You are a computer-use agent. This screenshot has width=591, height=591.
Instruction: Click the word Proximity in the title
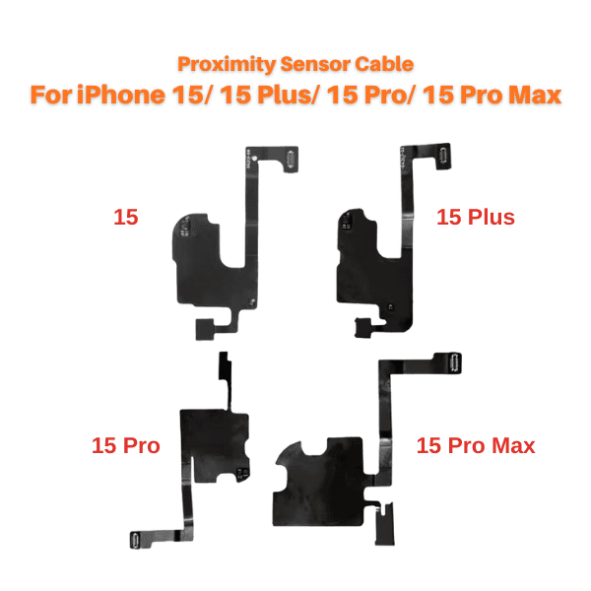(227, 64)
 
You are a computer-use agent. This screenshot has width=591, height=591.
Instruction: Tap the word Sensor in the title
(315, 64)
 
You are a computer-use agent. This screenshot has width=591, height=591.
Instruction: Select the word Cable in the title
(384, 64)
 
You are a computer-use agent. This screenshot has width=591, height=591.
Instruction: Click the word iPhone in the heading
(121, 95)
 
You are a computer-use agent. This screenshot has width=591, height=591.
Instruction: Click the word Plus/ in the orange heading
(288, 95)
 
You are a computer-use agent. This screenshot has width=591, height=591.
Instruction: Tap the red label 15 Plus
(476, 217)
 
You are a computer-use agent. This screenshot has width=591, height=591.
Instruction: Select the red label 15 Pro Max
(476, 445)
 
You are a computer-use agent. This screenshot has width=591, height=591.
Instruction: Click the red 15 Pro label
(126, 445)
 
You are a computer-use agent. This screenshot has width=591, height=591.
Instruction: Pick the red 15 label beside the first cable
(126, 217)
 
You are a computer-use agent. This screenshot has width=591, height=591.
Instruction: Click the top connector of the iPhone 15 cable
(291, 160)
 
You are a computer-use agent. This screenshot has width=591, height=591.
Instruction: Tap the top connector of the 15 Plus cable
(443, 156)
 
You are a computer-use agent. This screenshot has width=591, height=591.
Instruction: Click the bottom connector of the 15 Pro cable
(136, 541)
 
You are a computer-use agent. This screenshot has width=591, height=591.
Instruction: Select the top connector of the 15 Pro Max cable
(454, 362)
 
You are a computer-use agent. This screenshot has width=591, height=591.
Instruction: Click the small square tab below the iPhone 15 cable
(205, 329)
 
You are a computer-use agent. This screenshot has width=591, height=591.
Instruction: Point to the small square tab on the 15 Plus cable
(363, 327)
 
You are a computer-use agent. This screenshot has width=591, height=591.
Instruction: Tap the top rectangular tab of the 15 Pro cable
(225, 365)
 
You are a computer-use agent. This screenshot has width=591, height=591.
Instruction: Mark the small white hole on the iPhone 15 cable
(254, 159)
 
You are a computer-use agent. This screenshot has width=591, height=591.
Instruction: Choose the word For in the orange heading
(51, 95)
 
